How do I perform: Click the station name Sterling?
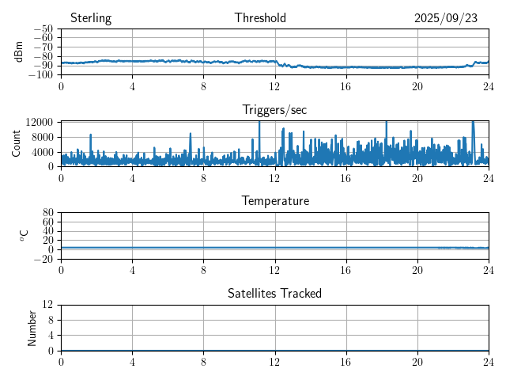click(x=91, y=18)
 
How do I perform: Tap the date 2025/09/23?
click(x=445, y=18)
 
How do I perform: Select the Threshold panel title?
click(x=260, y=18)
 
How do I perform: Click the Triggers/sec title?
click(x=274, y=110)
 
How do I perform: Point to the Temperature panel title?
click(x=274, y=201)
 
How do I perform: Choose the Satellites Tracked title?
click(x=274, y=293)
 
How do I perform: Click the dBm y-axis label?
click(x=19, y=51)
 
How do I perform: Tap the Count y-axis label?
click(x=17, y=143)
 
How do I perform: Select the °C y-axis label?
click(x=24, y=235)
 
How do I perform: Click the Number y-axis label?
click(x=32, y=327)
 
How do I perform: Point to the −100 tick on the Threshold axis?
click(x=43, y=75)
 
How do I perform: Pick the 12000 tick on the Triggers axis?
click(x=39, y=122)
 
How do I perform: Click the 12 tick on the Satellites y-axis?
click(x=47, y=305)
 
